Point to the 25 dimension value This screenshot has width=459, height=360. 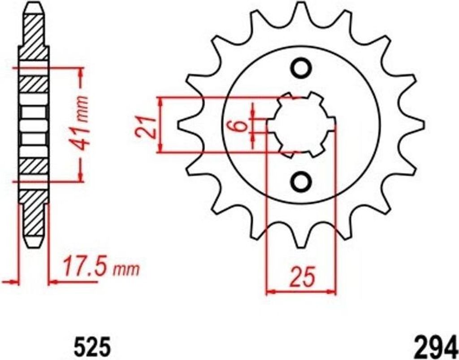[301, 277]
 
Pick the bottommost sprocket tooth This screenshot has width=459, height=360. [301, 240]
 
